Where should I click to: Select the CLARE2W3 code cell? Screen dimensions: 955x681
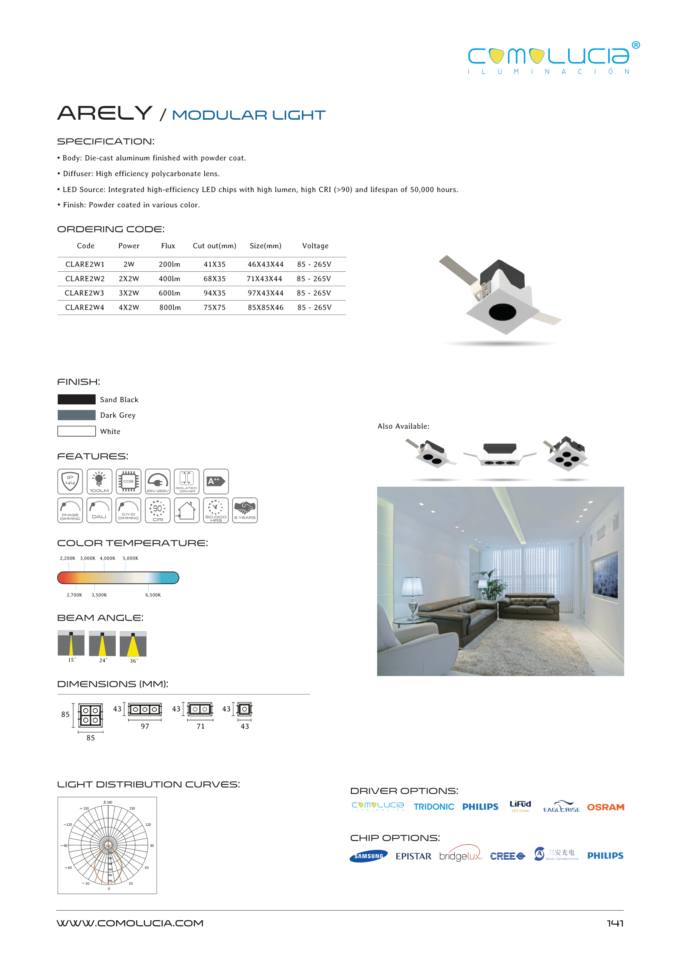[x=84, y=293]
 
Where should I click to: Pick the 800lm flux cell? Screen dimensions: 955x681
[x=170, y=307]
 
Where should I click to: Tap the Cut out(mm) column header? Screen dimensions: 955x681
[x=214, y=246]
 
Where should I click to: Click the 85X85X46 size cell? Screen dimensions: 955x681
[x=265, y=307]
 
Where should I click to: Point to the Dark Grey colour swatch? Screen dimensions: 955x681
[x=76, y=415]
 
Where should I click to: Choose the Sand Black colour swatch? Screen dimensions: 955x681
[x=76, y=399]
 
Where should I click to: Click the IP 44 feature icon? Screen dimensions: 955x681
[x=70, y=481]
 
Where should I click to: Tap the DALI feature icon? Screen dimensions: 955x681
[x=99, y=510]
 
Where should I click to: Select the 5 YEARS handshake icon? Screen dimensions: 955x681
[x=245, y=510]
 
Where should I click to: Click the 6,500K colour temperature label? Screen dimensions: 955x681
[x=153, y=595]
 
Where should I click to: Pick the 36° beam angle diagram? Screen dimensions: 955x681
[x=133, y=644]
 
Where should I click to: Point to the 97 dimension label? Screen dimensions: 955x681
[x=145, y=726]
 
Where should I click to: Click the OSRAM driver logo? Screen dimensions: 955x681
[x=605, y=807]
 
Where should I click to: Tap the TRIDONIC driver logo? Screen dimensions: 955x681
[x=434, y=807]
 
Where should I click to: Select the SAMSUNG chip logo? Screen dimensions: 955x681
[x=369, y=856]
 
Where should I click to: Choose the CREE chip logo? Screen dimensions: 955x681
[x=507, y=856]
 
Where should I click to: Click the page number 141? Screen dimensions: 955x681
[x=615, y=923]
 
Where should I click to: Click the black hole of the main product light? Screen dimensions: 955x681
[x=502, y=311]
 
